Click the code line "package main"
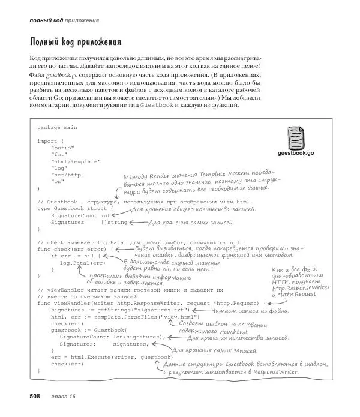(57, 127)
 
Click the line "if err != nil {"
(73, 255)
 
